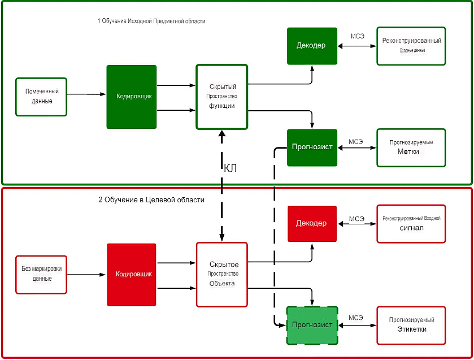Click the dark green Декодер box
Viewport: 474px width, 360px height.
click(x=312, y=45)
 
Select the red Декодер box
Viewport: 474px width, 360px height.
click(x=312, y=223)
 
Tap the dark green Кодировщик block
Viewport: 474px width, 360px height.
click(x=131, y=97)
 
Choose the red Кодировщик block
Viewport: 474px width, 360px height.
click(x=131, y=275)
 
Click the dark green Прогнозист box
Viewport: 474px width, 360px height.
click(x=312, y=147)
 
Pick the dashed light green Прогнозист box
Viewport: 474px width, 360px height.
click(x=312, y=325)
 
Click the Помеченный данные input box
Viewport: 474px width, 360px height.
click(x=41, y=97)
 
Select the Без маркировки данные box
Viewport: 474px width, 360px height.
click(x=41, y=275)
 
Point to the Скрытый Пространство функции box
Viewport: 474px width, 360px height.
click(x=221, y=97)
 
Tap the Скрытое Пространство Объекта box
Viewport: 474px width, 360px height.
click(x=221, y=275)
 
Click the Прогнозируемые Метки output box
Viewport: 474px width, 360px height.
click(x=411, y=148)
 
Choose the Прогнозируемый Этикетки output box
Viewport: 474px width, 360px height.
click(x=411, y=325)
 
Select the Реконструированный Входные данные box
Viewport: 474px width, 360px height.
click(x=411, y=45)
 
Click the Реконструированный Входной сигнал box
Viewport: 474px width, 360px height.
click(x=411, y=223)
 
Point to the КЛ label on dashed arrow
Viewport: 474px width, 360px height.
click(x=230, y=168)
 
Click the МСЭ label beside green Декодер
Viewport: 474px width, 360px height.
click(x=357, y=36)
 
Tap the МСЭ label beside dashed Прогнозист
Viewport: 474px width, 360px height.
click(x=356, y=318)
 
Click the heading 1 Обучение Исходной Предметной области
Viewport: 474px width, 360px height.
click(x=151, y=21)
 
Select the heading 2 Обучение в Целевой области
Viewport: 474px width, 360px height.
click(x=151, y=200)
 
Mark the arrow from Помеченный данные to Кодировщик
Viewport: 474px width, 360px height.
click(x=86, y=95)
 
